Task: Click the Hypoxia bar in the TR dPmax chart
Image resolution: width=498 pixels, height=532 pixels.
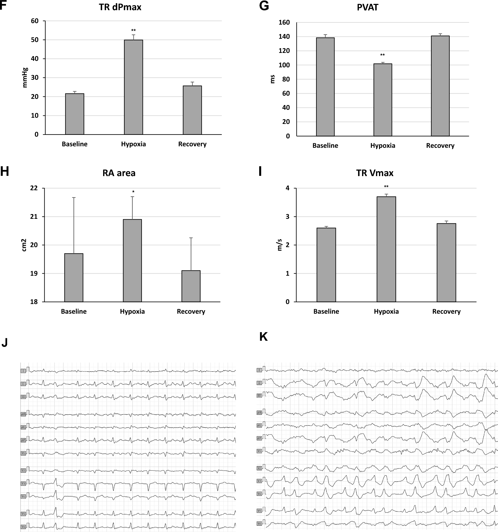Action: [133, 87]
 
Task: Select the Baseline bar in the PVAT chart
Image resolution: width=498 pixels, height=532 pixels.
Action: [325, 87]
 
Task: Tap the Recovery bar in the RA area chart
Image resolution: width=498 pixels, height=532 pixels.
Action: [191, 286]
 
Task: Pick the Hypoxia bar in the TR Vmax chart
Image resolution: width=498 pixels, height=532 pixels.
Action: [386, 249]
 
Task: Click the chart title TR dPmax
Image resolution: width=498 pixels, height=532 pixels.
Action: [120, 7]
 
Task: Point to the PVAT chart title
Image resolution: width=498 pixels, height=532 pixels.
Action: [367, 7]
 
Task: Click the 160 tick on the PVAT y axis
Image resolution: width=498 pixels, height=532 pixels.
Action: [284, 23]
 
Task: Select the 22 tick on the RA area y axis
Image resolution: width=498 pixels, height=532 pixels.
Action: [34, 188]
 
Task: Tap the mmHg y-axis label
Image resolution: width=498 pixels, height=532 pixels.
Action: [25, 77]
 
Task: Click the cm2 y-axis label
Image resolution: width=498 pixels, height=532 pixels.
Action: [24, 245]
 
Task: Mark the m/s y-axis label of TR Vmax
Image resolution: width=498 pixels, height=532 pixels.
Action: [280, 245]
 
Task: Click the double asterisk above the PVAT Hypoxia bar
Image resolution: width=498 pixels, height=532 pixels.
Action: [382, 55]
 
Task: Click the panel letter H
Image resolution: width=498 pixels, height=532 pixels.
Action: [4, 172]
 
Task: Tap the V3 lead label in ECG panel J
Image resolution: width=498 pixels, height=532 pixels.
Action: [23, 484]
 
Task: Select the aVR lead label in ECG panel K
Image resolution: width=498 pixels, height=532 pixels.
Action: [259, 413]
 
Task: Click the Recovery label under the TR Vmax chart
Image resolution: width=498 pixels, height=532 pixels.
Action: [446, 311]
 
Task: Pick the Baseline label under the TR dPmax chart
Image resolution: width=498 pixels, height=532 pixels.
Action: [75, 144]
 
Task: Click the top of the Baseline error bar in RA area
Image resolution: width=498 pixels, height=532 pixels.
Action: [74, 198]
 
